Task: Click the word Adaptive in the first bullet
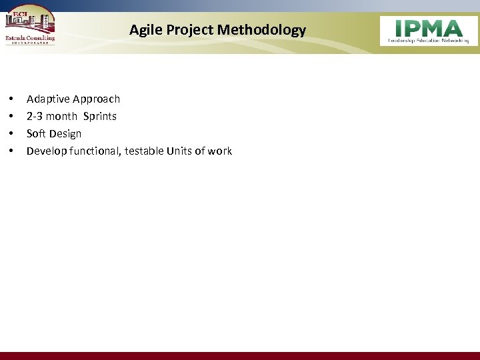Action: pos(48,99)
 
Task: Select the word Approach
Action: pos(97,99)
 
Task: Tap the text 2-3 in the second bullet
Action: pos(35,117)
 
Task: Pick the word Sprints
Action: pos(100,117)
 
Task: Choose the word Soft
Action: pos(36,134)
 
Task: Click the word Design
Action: pos(65,134)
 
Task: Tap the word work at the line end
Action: pos(220,151)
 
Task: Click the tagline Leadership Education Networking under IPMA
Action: pos(429,41)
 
